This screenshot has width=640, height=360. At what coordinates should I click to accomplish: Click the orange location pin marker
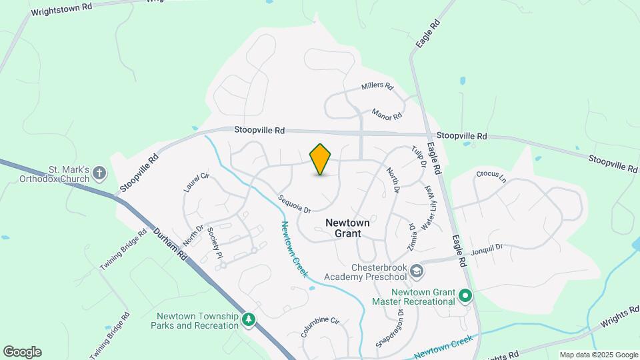tap(321, 159)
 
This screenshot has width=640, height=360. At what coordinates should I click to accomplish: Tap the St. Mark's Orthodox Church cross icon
tap(99, 174)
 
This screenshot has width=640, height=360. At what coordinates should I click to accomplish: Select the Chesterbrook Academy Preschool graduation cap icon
tap(417, 271)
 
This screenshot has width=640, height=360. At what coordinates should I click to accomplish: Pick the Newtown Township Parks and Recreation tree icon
tap(249, 320)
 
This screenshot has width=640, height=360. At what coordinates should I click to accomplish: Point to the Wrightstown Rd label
tap(61, 10)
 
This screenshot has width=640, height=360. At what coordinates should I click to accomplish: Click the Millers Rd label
tap(378, 87)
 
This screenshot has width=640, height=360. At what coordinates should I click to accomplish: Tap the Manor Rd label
tap(387, 115)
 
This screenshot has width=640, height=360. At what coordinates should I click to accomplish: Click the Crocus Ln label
tap(491, 177)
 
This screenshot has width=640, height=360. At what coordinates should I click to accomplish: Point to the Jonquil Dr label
tap(486, 248)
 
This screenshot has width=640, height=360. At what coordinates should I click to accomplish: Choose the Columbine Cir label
tap(320, 327)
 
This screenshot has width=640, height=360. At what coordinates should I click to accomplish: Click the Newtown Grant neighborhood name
tap(343, 228)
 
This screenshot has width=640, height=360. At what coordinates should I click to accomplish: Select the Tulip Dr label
tap(418, 156)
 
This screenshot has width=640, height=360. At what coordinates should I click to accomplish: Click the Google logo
tap(22, 352)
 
